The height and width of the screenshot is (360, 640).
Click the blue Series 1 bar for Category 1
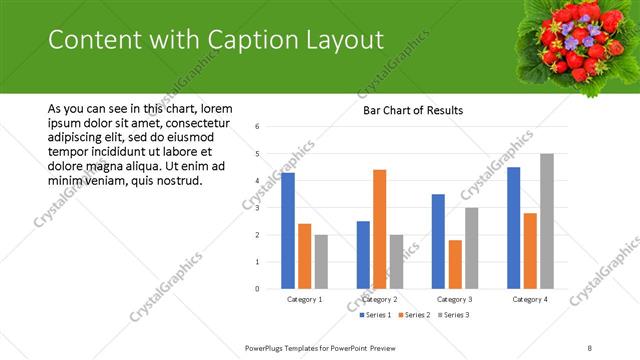click(288, 231)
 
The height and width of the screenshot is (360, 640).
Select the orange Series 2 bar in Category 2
click(380, 229)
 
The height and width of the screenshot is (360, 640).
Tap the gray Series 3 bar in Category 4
click(546, 221)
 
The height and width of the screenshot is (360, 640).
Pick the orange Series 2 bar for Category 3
click(455, 264)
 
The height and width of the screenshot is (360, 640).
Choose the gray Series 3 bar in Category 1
click(320, 262)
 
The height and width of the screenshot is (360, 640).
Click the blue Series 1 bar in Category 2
click(363, 255)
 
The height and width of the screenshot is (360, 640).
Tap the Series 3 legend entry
click(453, 315)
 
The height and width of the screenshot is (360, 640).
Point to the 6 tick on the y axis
click(258, 127)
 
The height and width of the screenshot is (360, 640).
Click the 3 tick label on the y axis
click(258, 208)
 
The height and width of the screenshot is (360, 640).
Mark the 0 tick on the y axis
click(258, 289)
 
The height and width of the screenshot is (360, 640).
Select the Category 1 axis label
click(305, 299)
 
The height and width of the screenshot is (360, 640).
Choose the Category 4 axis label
click(530, 299)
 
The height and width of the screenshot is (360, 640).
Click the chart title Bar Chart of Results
click(413, 110)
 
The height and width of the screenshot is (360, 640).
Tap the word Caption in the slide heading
click(256, 41)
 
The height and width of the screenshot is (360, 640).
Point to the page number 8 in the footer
click(590, 347)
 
